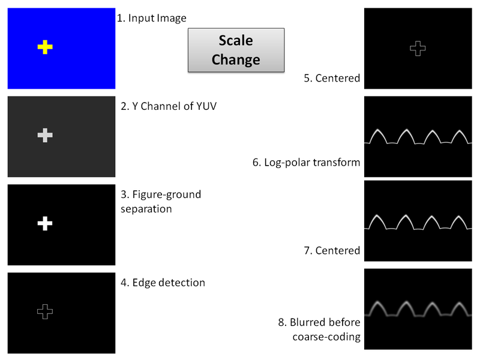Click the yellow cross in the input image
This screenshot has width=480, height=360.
45,47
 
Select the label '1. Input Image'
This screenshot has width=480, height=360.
152,18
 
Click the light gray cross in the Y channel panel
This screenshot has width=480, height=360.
45,136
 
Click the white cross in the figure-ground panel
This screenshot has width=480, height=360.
45,224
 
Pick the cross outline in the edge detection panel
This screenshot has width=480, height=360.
45,311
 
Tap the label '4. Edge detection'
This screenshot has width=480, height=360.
163,283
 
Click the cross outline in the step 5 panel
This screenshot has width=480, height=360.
417,49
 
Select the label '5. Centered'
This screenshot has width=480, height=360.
332,78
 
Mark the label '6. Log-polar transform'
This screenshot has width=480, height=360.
307,163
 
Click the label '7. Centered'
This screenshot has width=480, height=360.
332,250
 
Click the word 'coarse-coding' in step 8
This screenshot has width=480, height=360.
326,337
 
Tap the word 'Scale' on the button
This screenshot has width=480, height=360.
235,41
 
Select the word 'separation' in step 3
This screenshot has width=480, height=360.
146,209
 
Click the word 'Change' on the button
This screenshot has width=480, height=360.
235,60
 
